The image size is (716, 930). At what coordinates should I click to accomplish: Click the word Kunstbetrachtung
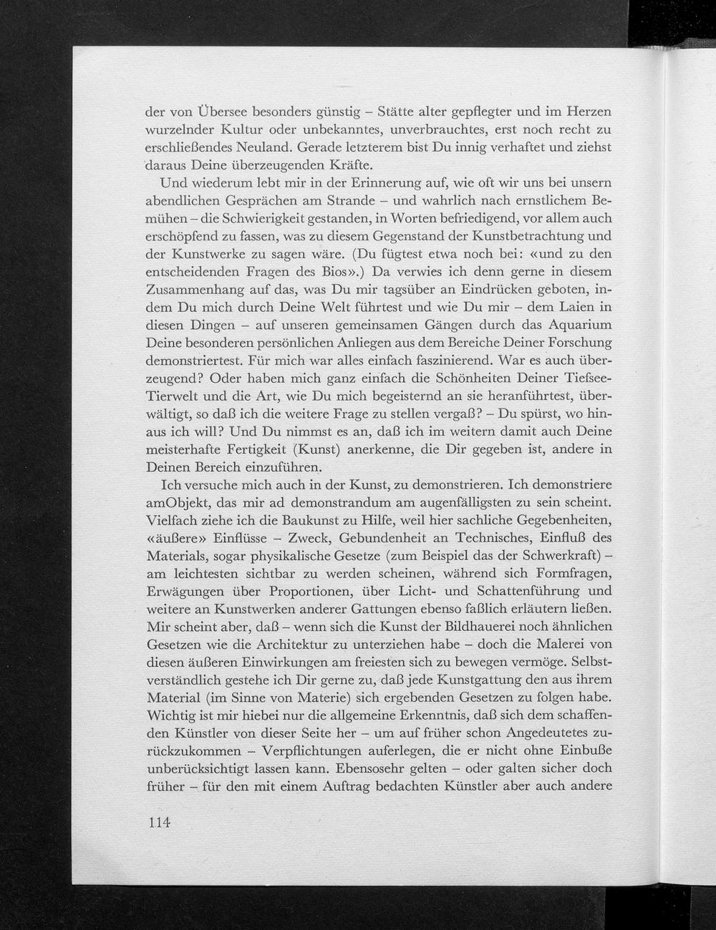click(x=530, y=236)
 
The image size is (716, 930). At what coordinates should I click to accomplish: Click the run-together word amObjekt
click(x=178, y=502)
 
